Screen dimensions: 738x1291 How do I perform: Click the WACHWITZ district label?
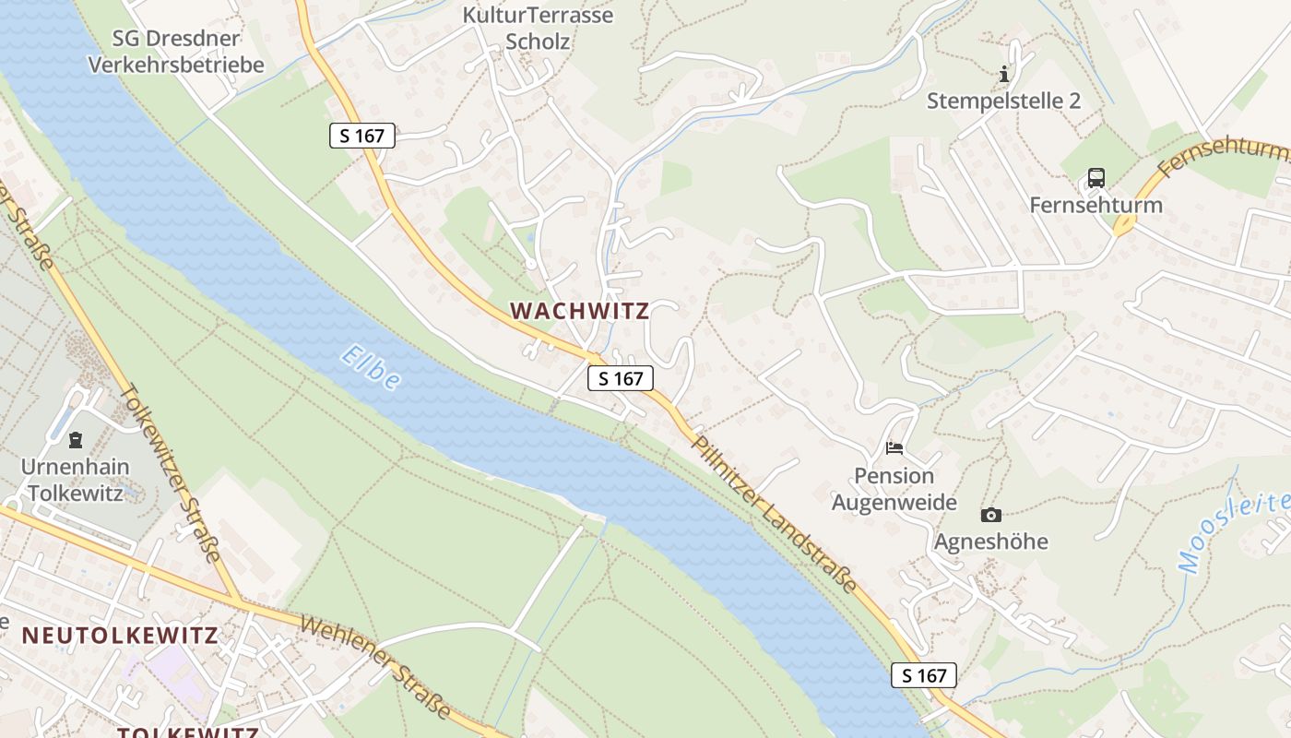580,311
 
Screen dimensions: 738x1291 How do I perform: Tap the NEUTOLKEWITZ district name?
120,636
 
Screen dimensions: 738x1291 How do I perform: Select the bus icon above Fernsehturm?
1096,178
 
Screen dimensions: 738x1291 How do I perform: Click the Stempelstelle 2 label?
1003,101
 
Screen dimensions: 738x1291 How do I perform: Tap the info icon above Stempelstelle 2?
1004,74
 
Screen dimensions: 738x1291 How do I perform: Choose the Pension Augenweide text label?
894,489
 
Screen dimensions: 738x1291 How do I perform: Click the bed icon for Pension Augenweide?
894,448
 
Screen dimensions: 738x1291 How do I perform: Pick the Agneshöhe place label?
991,542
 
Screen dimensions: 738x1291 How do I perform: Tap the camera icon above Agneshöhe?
991,515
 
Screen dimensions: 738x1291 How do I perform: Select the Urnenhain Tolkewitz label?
76,480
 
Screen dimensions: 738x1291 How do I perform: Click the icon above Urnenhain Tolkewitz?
76,439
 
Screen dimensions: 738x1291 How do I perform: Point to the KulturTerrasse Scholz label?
538,28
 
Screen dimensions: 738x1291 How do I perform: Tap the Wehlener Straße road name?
375,668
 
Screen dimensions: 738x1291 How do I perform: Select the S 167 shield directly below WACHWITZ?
621,378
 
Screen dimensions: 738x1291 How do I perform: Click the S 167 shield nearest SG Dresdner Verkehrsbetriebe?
362,136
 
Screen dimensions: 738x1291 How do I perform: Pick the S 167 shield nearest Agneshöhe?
924,675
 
